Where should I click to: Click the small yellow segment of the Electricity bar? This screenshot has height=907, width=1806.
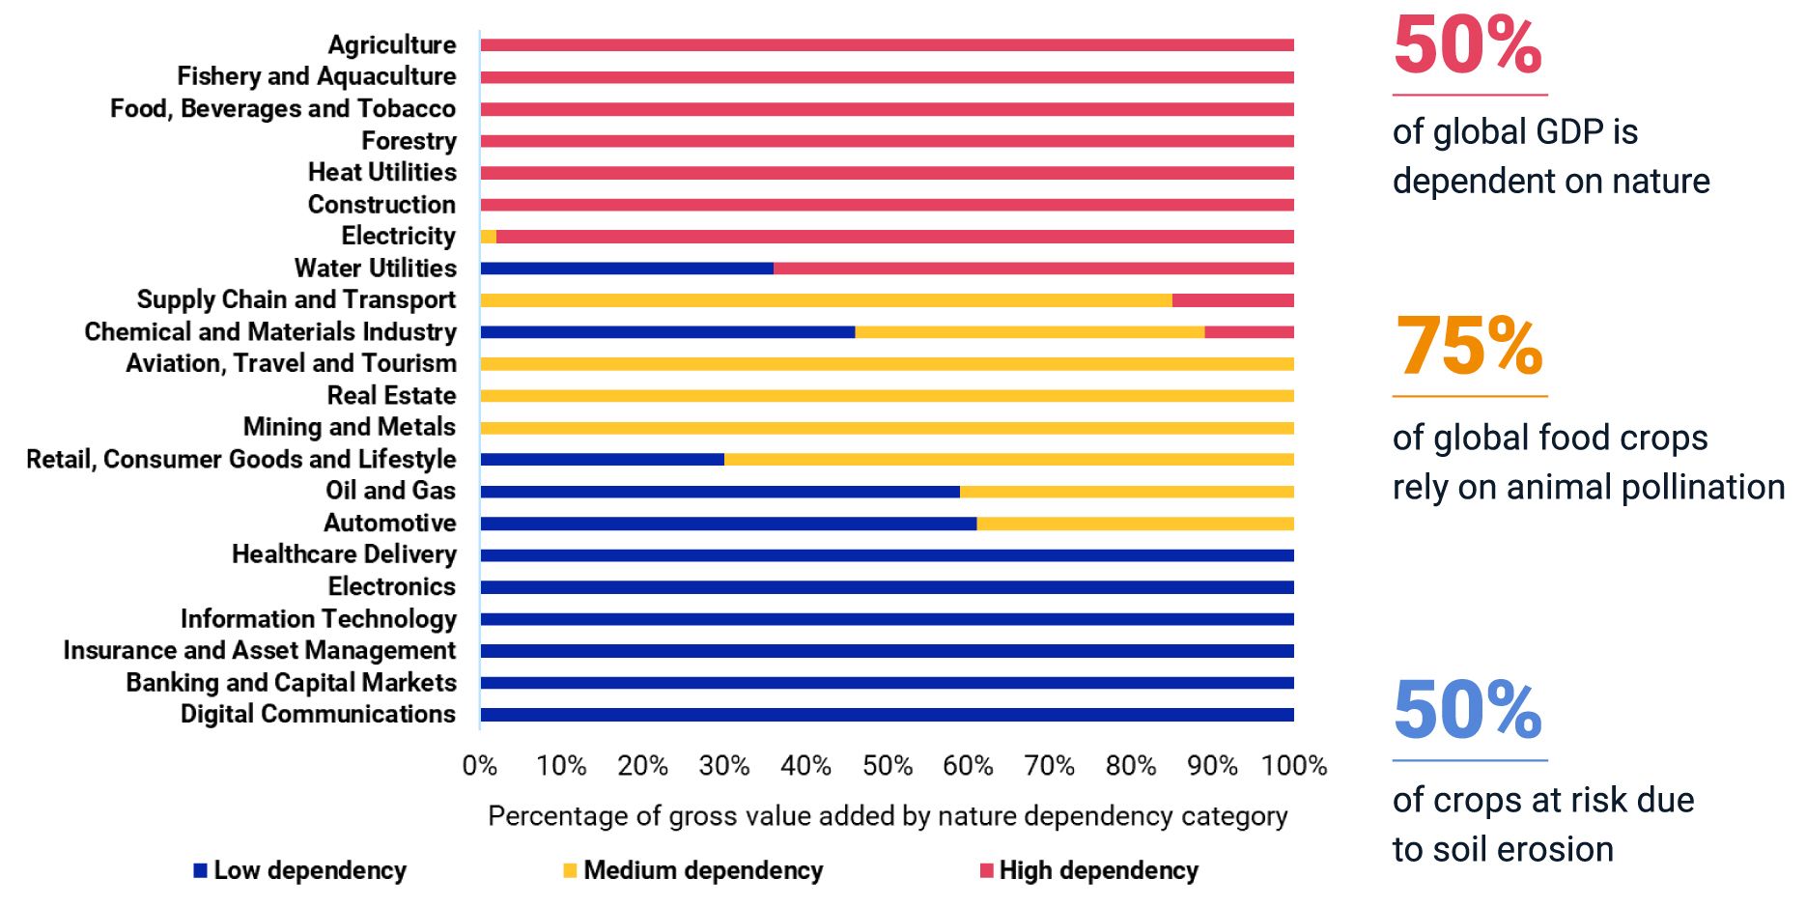pos(488,237)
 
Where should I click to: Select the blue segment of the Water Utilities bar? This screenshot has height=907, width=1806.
pos(627,269)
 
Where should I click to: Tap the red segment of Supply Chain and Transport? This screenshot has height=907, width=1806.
pos(1232,300)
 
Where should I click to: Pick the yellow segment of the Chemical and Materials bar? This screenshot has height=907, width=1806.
pos(1030,332)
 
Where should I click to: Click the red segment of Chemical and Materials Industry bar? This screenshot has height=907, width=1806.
pos(1249,332)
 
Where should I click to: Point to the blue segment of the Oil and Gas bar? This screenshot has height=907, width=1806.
pos(720,492)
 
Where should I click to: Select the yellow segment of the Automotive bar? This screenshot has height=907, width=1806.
pos(1135,524)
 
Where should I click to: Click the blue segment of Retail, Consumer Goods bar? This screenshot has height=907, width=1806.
pos(602,460)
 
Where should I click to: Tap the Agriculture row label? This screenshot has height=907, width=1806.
pos(391,44)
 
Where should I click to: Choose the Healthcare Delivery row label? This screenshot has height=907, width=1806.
pos(344,554)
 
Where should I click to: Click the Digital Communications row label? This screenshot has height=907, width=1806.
pos(318,714)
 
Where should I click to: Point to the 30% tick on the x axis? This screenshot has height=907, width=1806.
pos(724,766)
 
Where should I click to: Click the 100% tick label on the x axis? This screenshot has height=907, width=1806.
pos(1293,766)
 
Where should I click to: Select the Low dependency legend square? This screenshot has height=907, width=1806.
pos(201,870)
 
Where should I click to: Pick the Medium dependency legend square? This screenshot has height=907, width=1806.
pos(570,870)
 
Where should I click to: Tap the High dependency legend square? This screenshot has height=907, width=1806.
pos(986,870)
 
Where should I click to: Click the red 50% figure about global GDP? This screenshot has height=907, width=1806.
pos(1467,44)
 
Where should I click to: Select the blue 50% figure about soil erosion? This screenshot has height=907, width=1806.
pos(1467,710)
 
